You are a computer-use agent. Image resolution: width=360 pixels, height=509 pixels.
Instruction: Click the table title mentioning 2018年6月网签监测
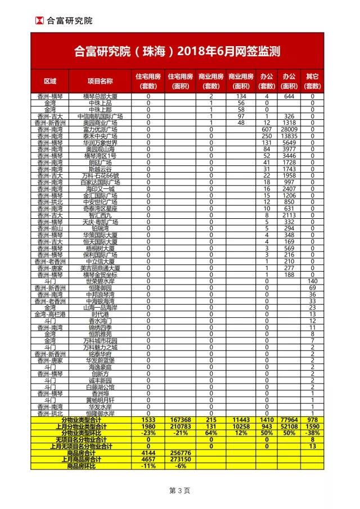click(177, 52)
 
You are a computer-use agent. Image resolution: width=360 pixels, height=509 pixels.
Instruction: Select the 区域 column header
click(50, 81)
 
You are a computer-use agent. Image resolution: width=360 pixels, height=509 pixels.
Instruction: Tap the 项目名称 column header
click(100, 81)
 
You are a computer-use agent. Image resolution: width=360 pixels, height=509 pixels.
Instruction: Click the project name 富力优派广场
click(100, 129)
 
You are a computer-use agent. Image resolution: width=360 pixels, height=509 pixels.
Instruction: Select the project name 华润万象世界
click(100, 142)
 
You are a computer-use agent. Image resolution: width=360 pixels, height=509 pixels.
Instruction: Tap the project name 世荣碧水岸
click(100, 281)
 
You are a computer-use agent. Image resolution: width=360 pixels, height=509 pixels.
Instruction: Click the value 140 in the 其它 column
click(313, 281)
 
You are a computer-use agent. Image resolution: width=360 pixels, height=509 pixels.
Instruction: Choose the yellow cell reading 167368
click(179, 420)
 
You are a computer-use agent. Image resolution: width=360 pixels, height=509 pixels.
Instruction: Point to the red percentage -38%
click(313, 433)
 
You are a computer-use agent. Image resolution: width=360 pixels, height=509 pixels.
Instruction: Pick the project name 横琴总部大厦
click(100, 96)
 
